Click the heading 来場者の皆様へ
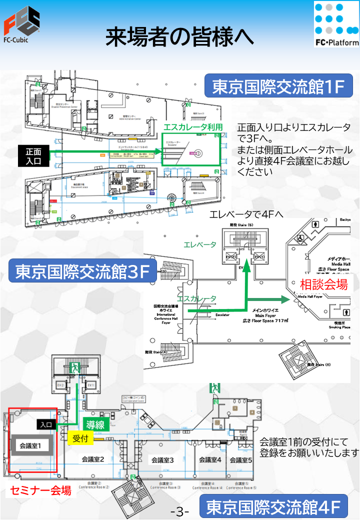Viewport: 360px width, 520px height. point(179,38)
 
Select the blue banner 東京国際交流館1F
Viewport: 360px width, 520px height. point(278,87)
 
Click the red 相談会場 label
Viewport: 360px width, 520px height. point(323,284)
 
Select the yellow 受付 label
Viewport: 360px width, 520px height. point(80,438)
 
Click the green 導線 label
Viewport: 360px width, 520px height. point(95,425)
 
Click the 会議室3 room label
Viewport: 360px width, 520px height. point(162,460)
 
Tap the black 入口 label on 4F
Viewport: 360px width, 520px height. point(46,424)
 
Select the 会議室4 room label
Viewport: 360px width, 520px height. point(210,460)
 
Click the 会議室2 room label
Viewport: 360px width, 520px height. point(92,459)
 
